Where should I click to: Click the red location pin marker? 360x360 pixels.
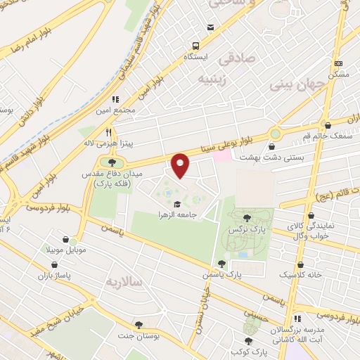pos(181,165)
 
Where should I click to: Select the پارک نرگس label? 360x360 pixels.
pos(247,230)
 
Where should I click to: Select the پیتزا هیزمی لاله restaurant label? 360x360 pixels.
pos(108,143)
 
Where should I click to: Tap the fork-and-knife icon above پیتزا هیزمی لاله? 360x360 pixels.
pos(108,131)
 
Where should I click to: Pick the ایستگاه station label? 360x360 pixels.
pos(198,55)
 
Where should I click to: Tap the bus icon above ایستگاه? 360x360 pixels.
pos(210,27)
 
